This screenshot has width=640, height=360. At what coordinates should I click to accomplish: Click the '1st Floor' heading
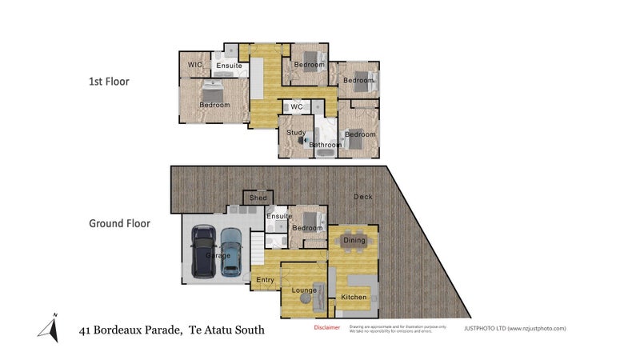click(x=108, y=81)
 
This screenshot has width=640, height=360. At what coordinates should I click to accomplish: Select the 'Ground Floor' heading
click(x=119, y=224)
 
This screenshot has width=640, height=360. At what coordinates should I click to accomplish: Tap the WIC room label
click(x=194, y=65)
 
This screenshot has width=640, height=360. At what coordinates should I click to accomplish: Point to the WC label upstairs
click(x=296, y=106)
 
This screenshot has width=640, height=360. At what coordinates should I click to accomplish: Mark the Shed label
click(x=258, y=198)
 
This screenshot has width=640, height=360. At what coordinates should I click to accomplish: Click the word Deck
click(x=365, y=198)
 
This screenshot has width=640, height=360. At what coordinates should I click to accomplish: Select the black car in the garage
click(x=204, y=250)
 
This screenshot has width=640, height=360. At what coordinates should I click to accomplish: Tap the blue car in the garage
click(x=231, y=250)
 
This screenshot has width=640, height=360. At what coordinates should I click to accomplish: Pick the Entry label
click(x=265, y=279)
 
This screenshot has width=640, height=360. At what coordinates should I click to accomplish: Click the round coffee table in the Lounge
click(x=305, y=298)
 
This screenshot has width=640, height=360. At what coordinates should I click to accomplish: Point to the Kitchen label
click(x=354, y=297)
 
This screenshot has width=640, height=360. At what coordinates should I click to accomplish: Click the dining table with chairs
click(x=354, y=240)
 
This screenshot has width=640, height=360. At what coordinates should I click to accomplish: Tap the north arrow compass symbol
click(x=49, y=328)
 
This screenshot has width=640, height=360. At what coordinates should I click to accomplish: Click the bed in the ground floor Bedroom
click(x=309, y=218)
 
